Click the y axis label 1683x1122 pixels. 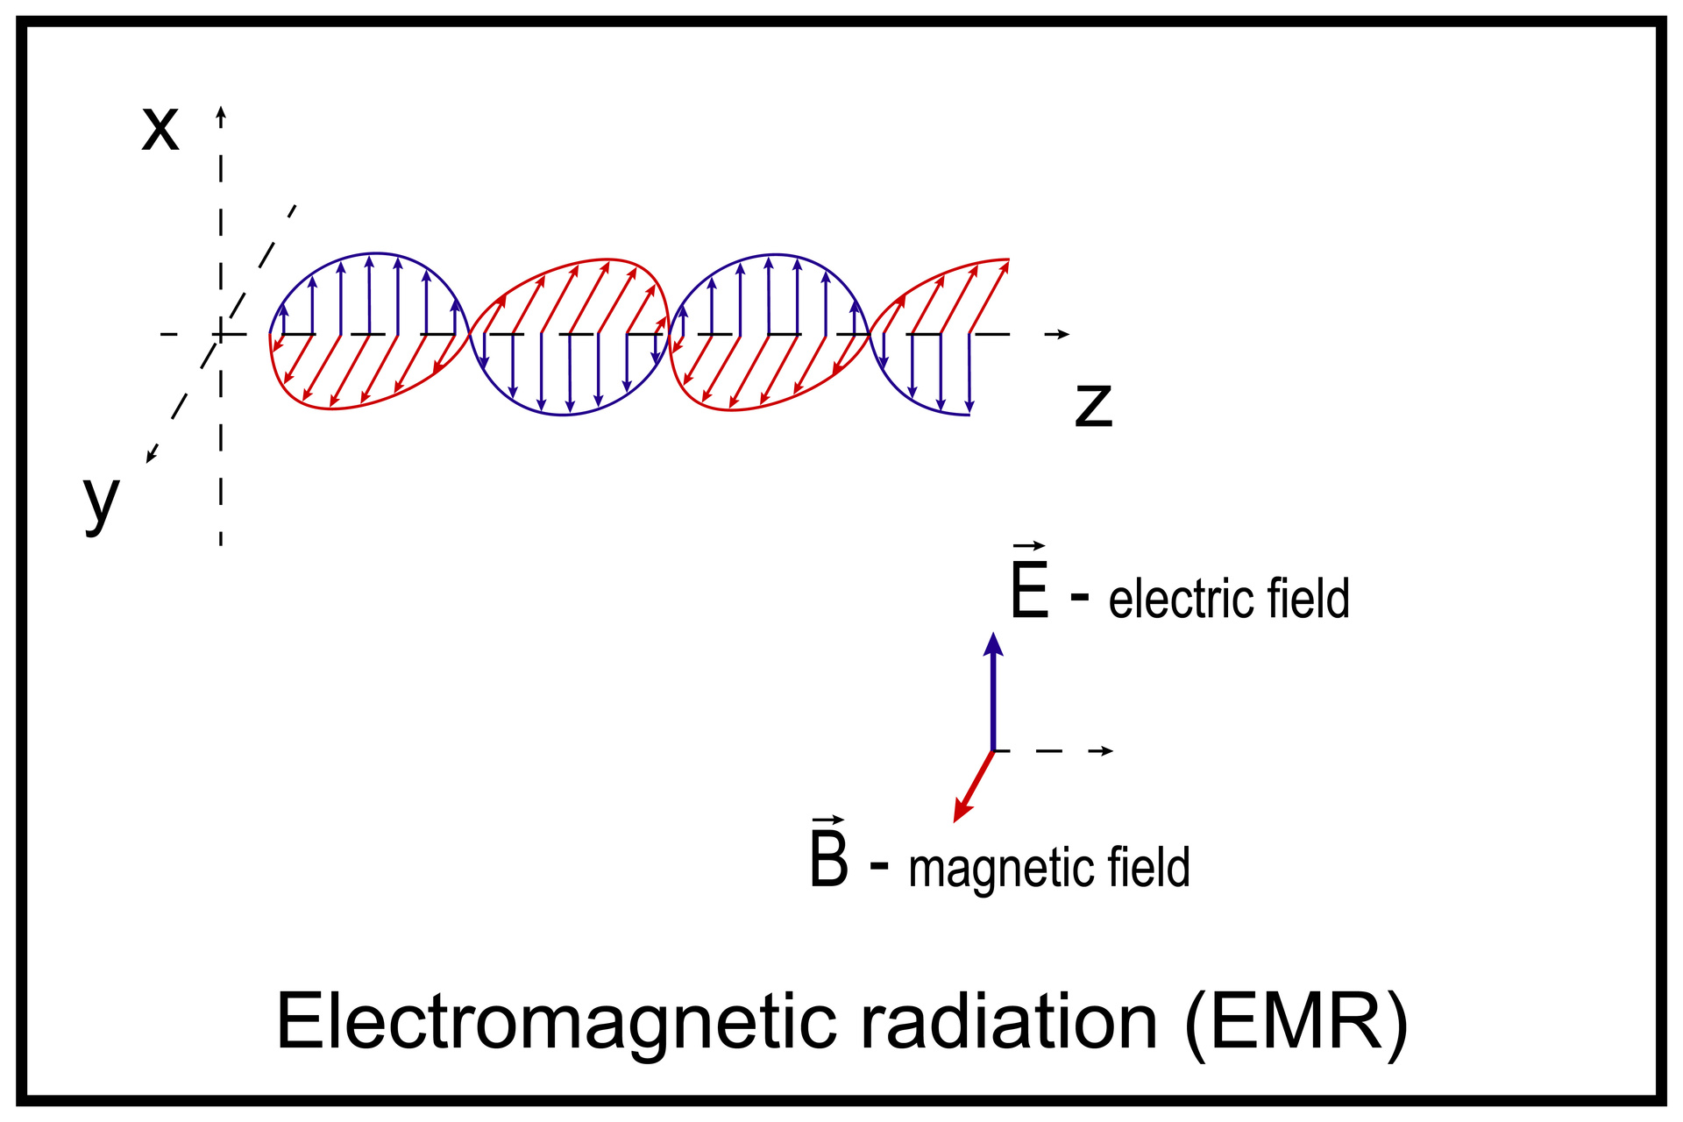(101, 501)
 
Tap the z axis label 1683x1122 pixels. (1093, 405)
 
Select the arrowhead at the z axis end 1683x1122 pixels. (1063, 334)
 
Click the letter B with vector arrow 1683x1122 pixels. (828, 856)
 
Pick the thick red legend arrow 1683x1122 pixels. (973, 787)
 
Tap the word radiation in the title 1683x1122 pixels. (1009, 1022)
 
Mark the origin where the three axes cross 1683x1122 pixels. (221, 334)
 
